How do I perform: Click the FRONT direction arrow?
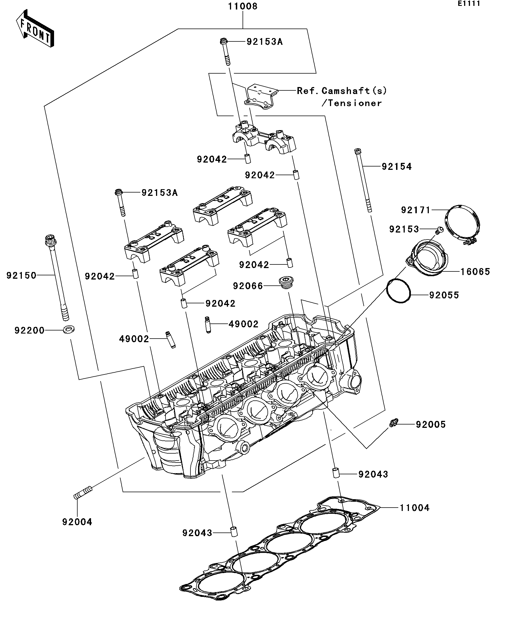click(35, 29)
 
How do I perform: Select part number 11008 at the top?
click(243, 6)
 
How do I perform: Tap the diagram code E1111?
click(469, 4)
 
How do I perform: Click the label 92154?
click(396, 166)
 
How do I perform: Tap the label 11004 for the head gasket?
click(414, 508)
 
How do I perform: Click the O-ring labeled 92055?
click(398, 290)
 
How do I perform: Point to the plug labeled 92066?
click(286, 282)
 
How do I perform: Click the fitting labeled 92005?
click(393, 423)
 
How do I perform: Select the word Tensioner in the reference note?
click(355, 103)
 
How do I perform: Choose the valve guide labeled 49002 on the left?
click(170, 339)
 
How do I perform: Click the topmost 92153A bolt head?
click(224, 41)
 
